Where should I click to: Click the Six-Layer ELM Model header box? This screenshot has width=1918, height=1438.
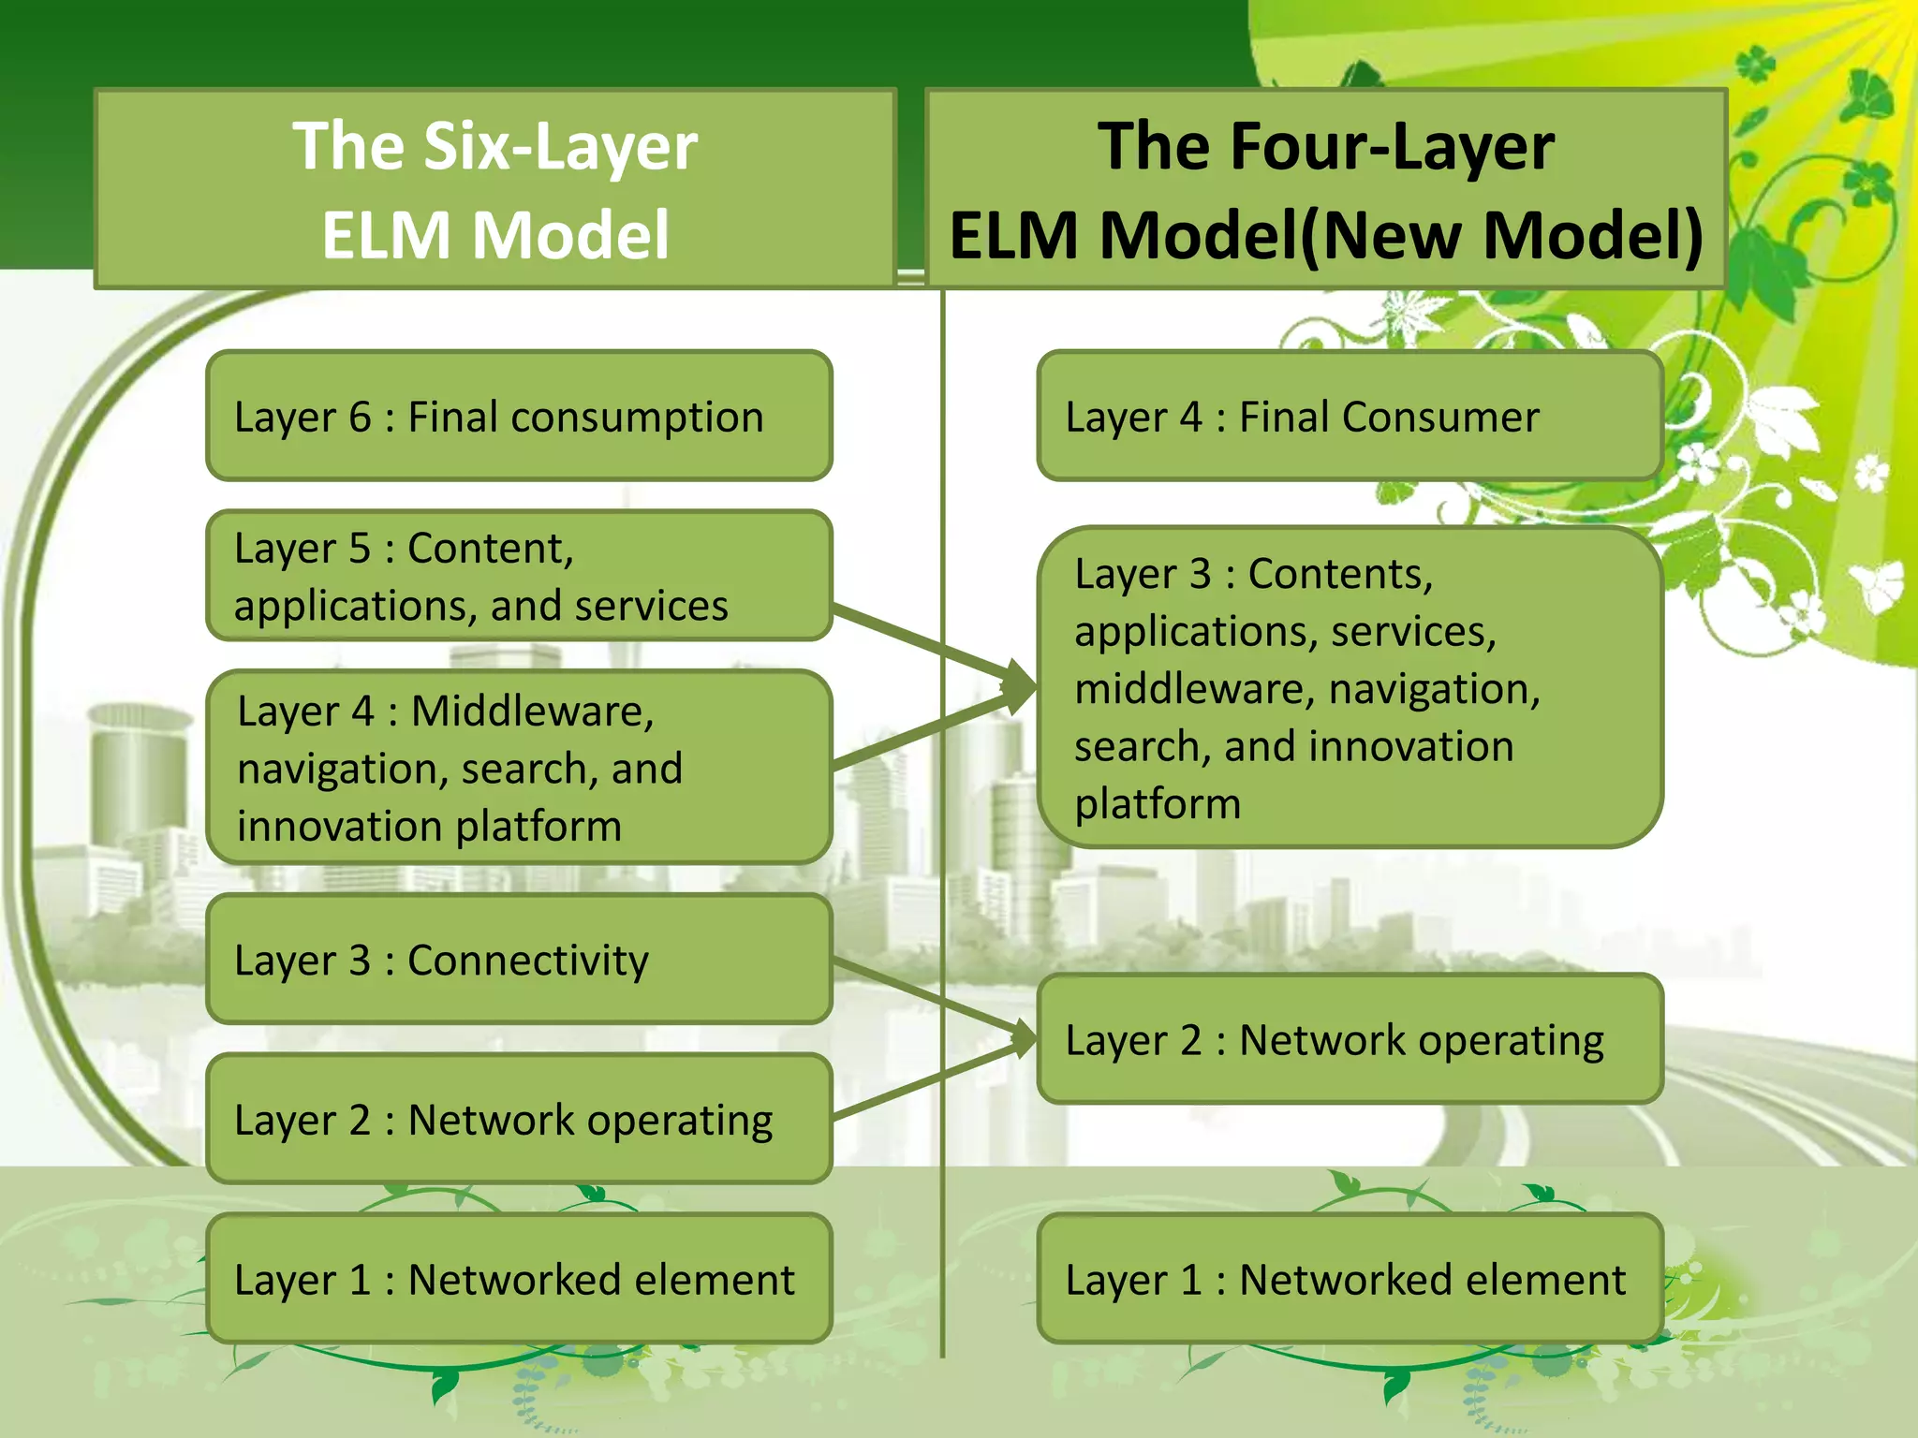point(495,188)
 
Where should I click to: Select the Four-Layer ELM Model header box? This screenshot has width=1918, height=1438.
point(1325,188)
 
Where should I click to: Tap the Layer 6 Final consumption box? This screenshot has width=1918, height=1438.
point(519,416)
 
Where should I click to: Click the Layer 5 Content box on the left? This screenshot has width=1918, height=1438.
point(519,576)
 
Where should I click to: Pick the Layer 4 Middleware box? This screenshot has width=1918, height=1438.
point(519,768)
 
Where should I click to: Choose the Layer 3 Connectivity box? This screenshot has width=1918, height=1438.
point(519,960)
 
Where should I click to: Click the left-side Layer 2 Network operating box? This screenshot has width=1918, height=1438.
point(519,1119)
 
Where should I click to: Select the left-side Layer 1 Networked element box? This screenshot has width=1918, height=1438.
point(519,1279)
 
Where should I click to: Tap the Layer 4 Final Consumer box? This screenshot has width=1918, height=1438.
point(1350,416)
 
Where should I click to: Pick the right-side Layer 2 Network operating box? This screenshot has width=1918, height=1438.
point(1350,1039)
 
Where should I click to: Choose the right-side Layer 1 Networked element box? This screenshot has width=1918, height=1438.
point(1350,1279)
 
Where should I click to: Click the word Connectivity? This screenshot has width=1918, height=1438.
point(527,961)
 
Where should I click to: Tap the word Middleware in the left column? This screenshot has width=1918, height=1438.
point(532,712)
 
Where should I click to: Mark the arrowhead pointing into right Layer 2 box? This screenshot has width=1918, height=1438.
point(1024,1038)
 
